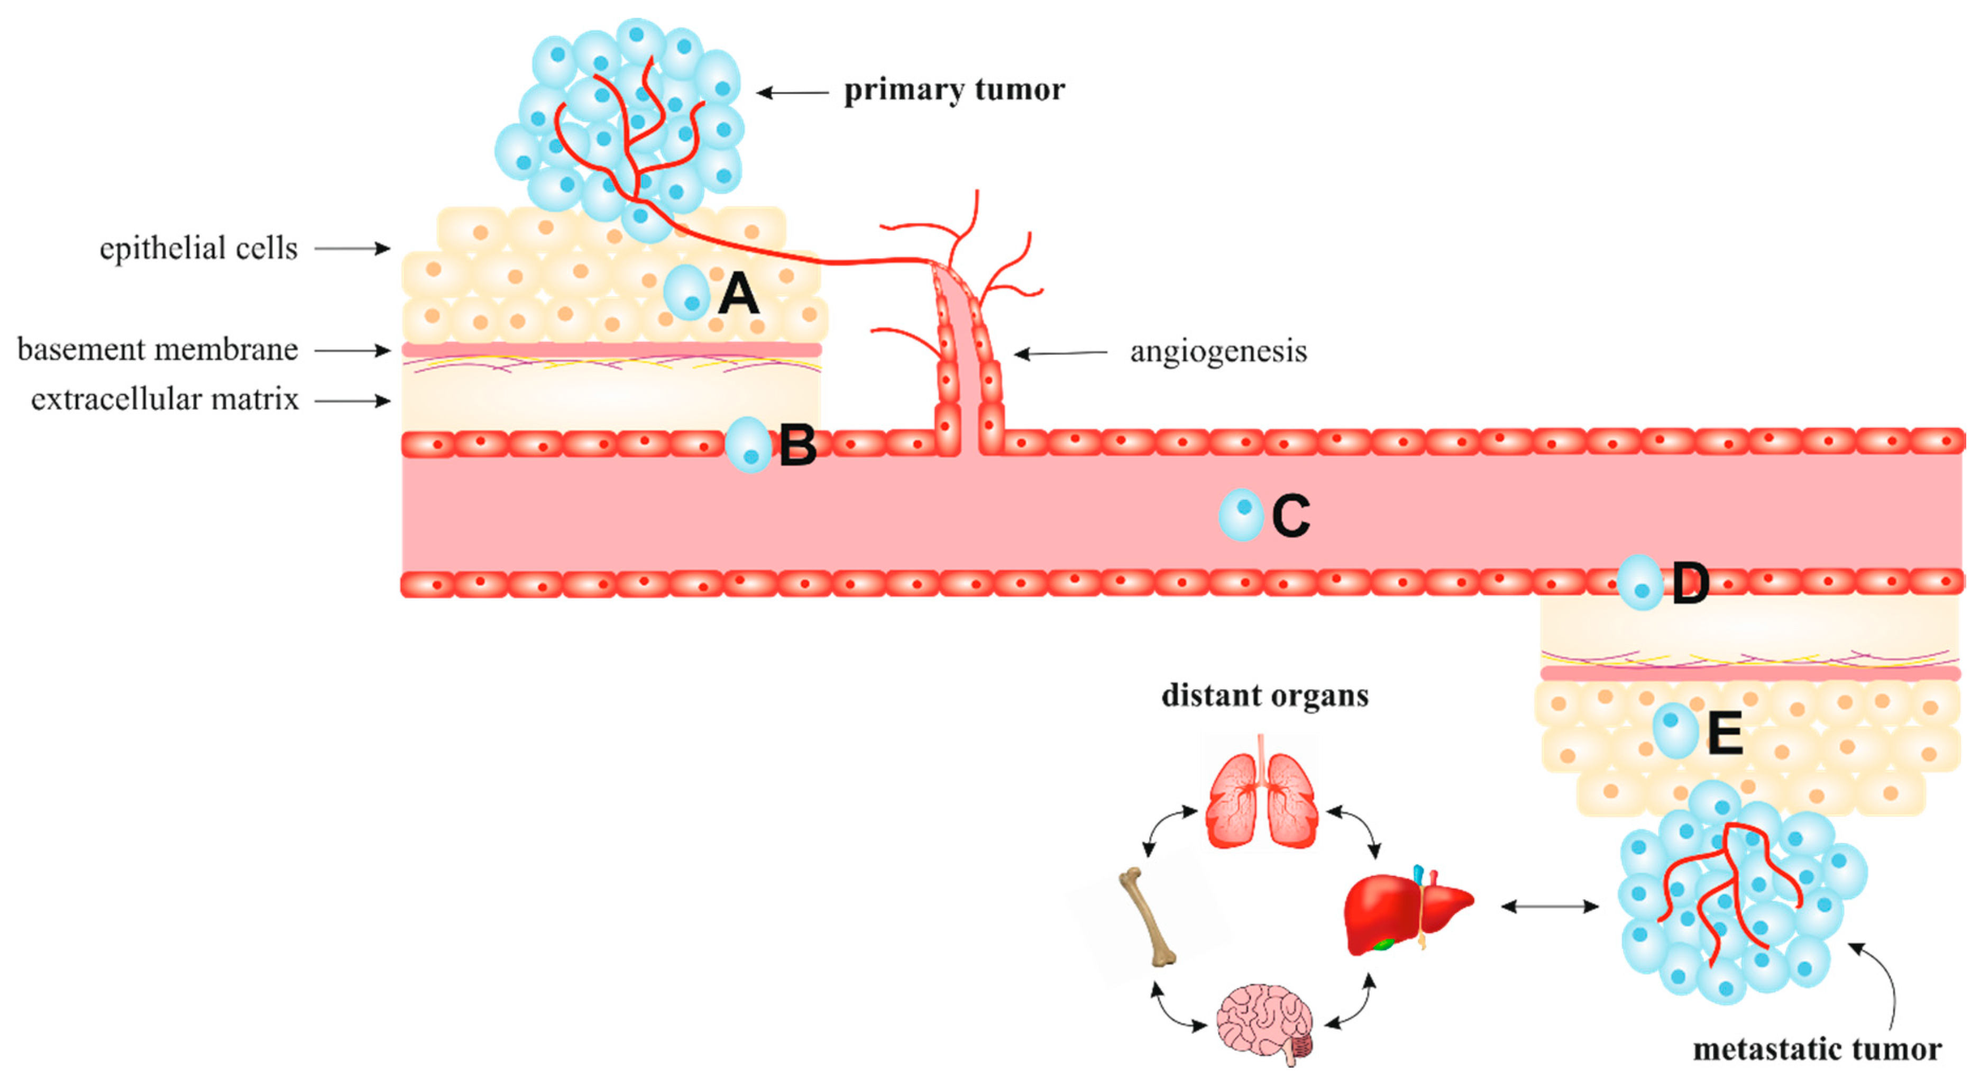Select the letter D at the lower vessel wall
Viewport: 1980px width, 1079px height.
(1690, 584)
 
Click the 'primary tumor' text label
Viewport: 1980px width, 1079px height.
(954, 90)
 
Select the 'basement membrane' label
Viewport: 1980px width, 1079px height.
(158, 350)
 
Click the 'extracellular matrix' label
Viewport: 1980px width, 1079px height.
(164, 400)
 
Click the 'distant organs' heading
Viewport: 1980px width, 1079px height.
(1264, 696)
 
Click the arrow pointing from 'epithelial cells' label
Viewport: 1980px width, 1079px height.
(352, 248)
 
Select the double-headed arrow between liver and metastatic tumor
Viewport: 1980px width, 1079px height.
(1549, 907)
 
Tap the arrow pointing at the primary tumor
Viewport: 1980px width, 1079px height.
(792, 92)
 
